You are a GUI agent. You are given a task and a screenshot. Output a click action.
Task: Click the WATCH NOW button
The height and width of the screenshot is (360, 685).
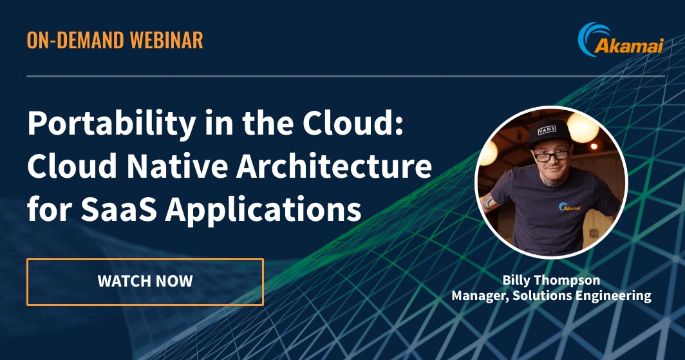pos(145,282)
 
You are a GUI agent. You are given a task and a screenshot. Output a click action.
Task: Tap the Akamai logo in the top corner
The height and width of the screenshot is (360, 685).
pos(621,40)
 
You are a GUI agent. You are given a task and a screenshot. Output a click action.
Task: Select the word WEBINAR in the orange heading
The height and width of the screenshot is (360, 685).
pos(167,40)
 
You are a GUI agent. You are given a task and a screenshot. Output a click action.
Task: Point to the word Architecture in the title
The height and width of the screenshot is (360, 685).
pos(334,166)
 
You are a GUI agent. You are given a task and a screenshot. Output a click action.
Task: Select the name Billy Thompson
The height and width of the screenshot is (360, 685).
pos(551,280)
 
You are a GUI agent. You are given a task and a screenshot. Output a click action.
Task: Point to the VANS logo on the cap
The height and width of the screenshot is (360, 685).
pos(547,130)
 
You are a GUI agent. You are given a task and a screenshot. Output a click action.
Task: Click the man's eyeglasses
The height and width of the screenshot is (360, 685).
pos(550,155)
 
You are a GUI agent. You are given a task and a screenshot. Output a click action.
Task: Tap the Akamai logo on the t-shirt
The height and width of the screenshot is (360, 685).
pos(570,207)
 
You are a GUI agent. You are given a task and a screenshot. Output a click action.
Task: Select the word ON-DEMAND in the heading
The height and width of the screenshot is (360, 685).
pos(75,40)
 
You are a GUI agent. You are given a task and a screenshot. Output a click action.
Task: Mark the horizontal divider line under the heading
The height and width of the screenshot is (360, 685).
pos(346,77)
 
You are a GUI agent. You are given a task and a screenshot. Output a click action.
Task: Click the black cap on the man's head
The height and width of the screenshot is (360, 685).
pos(549,132)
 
